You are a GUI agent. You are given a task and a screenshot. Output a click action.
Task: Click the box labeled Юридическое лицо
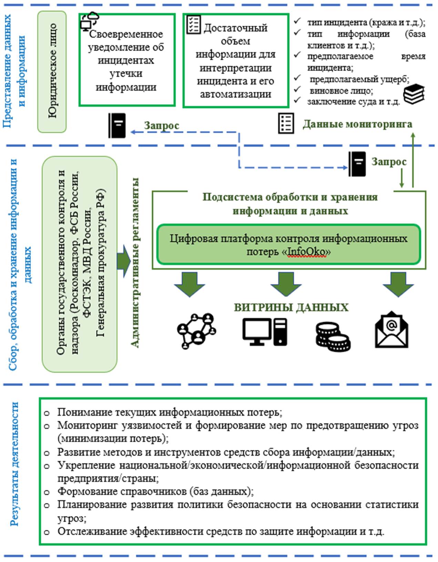click(x=52, y=71)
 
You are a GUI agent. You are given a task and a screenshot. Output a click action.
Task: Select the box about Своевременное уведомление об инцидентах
click(x=126, y=60)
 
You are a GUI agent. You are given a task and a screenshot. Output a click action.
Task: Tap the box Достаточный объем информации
click(x=236, y=61)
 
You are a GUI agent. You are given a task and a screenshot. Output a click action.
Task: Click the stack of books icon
click(x=414, y=94)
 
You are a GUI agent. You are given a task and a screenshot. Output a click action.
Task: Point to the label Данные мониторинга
click(x=357, y=124)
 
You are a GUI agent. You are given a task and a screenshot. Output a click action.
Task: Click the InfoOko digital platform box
click(x=288, y=245)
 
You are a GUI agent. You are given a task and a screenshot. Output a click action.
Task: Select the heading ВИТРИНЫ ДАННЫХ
click(x=291, y=307)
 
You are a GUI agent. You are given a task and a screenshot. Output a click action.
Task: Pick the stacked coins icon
click(x=333, y=336)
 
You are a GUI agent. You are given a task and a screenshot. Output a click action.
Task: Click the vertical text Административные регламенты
click(x=135, y=263)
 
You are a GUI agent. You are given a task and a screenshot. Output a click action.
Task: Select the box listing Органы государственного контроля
click(x=80, y=264)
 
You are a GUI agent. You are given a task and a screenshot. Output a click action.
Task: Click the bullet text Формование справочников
click(x=155, y=491)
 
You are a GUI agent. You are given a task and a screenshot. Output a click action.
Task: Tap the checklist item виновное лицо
click(x=341, y=91)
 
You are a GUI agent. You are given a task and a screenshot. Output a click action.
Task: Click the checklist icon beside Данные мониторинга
click(x=286, y=123)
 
